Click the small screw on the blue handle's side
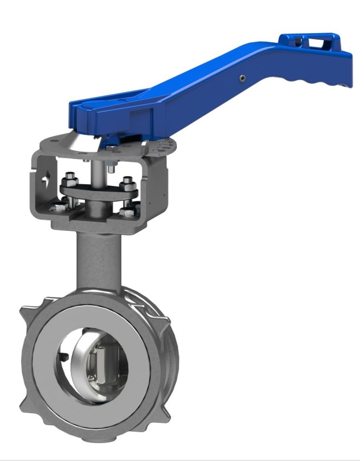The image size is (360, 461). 243,78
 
